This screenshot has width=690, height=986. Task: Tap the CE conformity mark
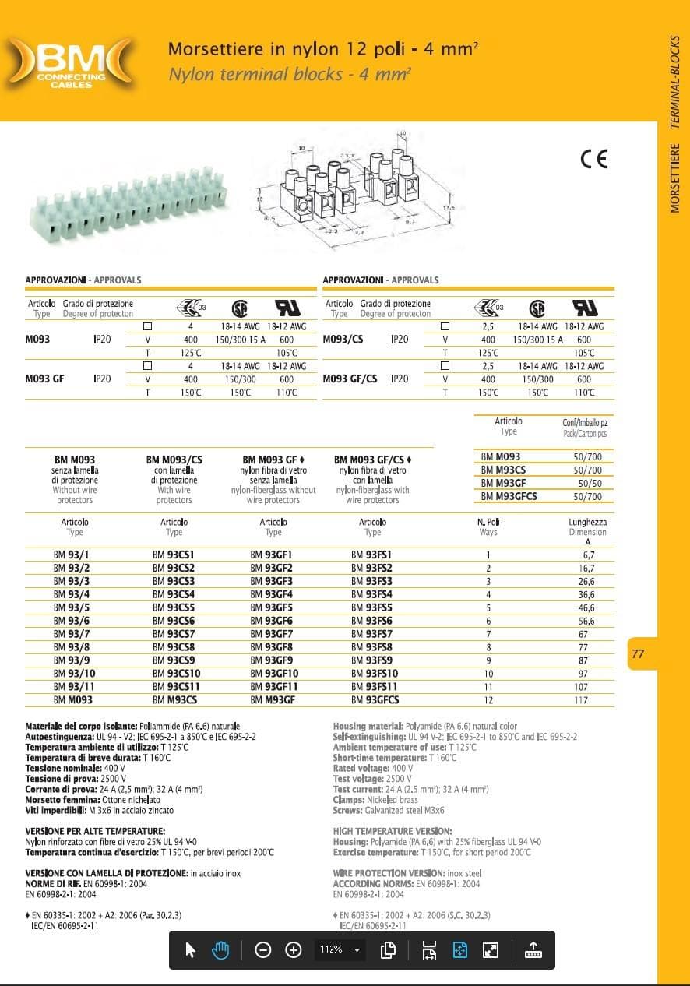tap(593, 159)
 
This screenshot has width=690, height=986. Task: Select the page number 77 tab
tap(639, 654)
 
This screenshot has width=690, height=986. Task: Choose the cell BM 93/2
tap(72, 568)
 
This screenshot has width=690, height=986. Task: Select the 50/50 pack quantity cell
tap(587, 483)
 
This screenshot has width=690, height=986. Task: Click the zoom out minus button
tap(263, 949)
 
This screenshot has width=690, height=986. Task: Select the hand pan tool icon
tap(221, 949)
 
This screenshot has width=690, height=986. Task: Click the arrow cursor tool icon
tap(191, 949)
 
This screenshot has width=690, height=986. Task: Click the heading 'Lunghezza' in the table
tap(587, 522)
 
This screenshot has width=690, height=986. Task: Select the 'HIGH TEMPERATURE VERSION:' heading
tap(393, 832)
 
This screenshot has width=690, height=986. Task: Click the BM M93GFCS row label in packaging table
tap(509, 496)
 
